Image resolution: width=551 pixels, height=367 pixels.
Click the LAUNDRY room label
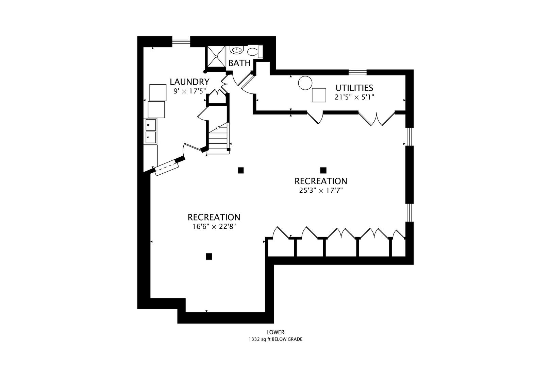click(189, 82)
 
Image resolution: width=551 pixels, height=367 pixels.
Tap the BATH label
click(239, 63)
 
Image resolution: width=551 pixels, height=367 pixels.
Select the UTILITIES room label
click(354, 88)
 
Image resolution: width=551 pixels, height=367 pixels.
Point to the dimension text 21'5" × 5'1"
click(354, 97)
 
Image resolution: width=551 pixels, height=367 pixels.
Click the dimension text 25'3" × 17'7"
click(321, 191)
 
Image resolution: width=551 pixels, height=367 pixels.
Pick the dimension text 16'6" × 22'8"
click(214, 227)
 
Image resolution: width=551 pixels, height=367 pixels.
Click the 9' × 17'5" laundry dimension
click(189, 91)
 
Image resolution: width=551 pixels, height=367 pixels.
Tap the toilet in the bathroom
click(255, 52)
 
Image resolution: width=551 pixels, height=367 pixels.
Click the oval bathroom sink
click(236, 50)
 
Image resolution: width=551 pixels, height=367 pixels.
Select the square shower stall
click(216, 56)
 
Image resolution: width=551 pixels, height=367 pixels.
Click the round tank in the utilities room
click(305, 83)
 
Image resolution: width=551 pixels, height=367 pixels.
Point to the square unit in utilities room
click(319, 95)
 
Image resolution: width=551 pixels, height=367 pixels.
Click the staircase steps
click(218, 141)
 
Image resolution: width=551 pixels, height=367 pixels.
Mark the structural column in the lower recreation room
click(209, 257)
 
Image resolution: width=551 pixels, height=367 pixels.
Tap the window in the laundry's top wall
click(181, 41)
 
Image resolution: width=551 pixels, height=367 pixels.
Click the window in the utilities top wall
click(358, 72)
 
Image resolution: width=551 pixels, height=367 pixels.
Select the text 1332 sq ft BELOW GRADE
click(275, 339)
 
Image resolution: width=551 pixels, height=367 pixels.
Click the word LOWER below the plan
click(275, 332)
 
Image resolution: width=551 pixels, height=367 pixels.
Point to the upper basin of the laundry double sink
click(151, 125)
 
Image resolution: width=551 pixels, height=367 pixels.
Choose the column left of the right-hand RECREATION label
click(241, 170)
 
